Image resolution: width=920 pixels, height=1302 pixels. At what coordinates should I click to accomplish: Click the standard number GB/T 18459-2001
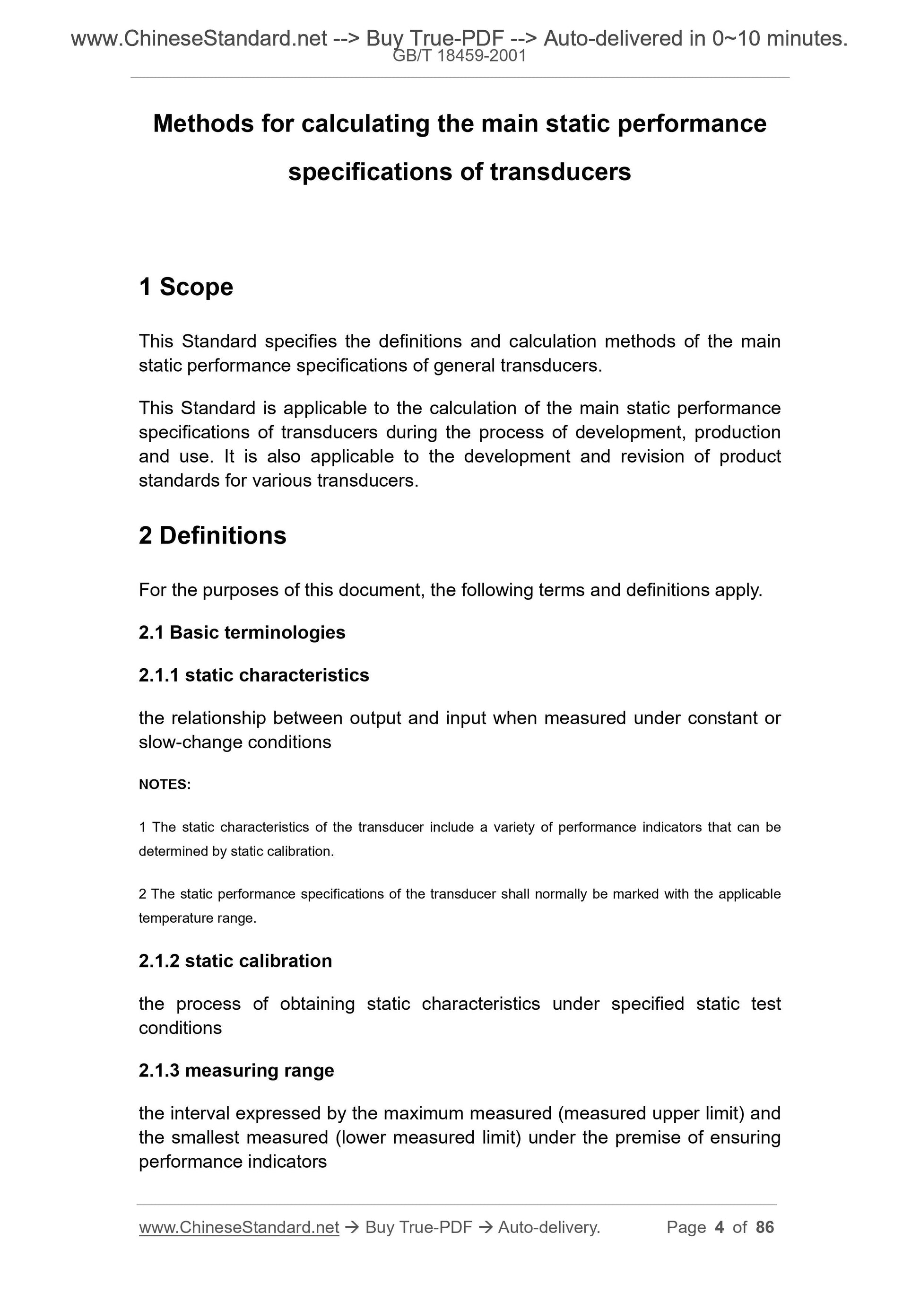point(460,56)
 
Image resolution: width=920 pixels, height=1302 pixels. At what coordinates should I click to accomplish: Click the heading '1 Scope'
point(186,287)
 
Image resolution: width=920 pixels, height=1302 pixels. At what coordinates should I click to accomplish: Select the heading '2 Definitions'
point(213,535)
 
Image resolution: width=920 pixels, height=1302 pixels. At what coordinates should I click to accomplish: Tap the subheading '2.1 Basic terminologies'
point(242,632)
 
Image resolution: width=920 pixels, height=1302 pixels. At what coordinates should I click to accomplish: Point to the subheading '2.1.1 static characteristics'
point(254,675)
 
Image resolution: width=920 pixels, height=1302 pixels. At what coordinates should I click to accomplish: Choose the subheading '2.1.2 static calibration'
point(235,961)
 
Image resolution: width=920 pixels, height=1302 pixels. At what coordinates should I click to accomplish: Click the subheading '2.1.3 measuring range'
point(236,1070)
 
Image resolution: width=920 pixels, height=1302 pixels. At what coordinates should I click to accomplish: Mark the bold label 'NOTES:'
point(165,784)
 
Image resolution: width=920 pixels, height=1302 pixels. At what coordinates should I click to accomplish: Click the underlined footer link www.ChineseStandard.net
point(239,1227)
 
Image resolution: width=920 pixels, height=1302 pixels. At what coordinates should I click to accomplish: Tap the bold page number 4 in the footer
point(720,1227)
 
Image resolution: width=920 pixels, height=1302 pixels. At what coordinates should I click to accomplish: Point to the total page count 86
point(764,1227)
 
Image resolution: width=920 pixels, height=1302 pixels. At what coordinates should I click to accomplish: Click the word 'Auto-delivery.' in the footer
point(549,1227)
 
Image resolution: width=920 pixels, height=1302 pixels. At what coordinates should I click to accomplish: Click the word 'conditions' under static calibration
point(180,1028)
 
